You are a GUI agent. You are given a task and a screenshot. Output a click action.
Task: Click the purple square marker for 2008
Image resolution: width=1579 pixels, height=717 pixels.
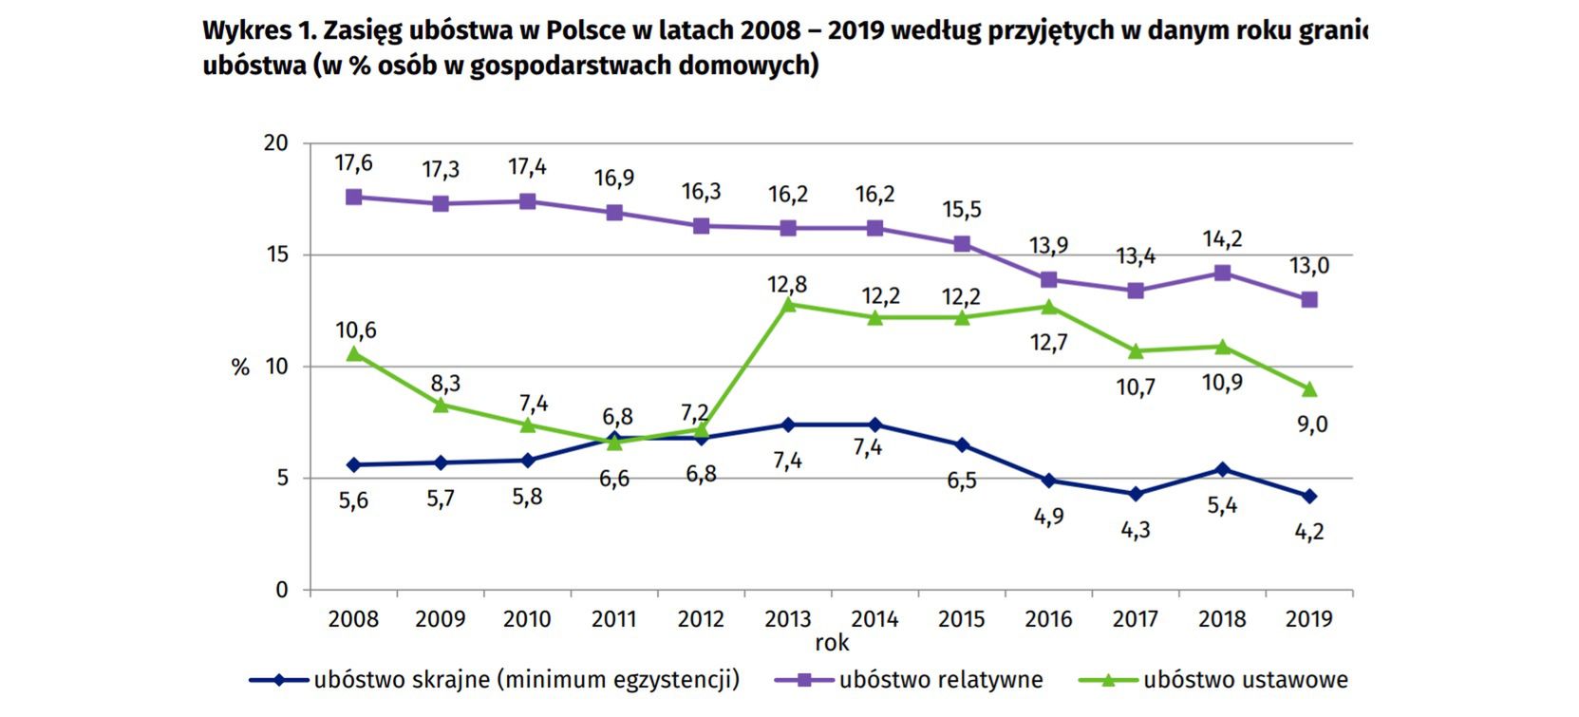click(353, 198)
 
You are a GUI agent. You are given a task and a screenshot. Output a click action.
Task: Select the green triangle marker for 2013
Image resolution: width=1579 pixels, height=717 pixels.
click(788, 304)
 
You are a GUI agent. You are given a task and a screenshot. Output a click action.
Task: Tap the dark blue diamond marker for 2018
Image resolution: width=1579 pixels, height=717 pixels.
click(1222, 469)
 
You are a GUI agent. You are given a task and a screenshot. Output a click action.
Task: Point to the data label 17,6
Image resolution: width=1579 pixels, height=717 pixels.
click(353, 163)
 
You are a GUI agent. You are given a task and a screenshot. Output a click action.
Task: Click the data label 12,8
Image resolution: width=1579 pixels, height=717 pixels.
click(788, 284)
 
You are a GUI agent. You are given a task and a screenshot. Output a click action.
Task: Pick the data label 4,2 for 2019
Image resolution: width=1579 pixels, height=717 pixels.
click(1309, 532)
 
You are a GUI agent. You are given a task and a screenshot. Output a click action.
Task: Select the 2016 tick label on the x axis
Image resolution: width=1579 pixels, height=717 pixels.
click(1048, 619)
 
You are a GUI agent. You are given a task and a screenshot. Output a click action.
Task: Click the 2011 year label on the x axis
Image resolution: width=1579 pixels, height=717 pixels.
click(613, 619)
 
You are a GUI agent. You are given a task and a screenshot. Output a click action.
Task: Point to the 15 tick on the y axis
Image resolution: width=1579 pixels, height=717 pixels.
click(275, 255)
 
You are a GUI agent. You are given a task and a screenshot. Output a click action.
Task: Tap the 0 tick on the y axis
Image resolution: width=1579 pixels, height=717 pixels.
click(281, 590)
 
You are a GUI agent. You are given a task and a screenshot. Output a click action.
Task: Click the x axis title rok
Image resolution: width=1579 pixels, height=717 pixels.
click(832, 643)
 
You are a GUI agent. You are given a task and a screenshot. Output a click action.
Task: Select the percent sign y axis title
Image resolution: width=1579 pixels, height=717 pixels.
click(240, 368)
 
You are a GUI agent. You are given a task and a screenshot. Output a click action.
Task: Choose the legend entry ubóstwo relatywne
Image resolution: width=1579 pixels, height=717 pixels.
click(940, 680)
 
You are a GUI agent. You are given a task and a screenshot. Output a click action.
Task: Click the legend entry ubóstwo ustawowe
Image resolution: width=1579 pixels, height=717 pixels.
click(1245, 680)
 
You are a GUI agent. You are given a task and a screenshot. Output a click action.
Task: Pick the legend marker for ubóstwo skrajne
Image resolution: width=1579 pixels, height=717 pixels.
click(279, 680)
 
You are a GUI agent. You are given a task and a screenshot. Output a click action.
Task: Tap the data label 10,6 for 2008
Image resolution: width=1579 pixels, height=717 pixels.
click(356, 330)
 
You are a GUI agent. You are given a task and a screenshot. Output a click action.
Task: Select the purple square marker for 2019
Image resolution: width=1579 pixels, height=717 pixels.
click(1309, 300)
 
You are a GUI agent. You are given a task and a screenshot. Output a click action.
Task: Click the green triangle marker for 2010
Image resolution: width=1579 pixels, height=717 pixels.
click(527, 425)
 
